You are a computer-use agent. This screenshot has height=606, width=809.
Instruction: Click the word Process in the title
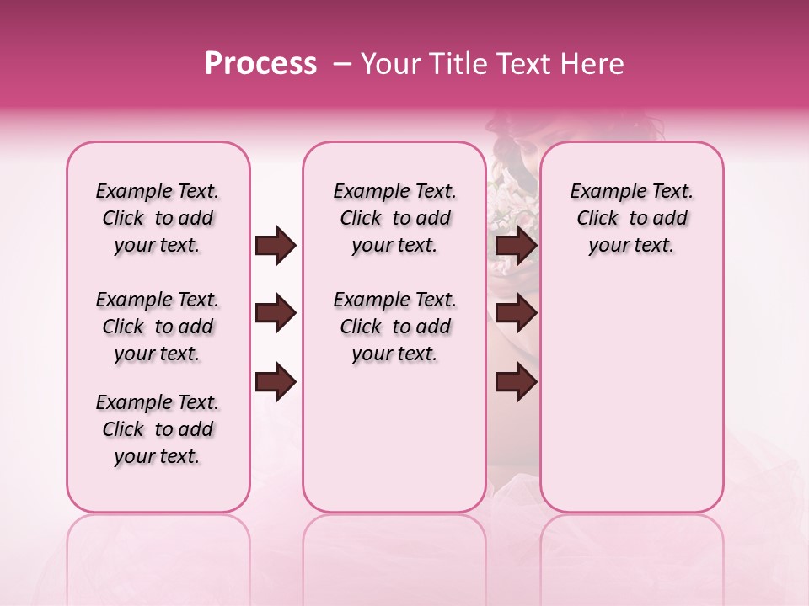click(x=260, y=64)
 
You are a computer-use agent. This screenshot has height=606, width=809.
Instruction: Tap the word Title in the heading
click(x=453, y=64)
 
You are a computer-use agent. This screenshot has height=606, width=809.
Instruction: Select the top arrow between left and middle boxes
click(x=276, y=245)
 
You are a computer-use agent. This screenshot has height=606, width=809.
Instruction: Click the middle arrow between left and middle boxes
click(x=276, y=314)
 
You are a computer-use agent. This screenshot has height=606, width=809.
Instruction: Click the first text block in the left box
click(x=158, y=218)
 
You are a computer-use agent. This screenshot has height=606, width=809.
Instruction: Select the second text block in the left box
click(x=158, y=327)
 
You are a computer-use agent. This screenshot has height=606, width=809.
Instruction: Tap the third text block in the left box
click(x=158, y=429)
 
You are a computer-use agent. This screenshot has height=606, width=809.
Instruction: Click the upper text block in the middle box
click(x=394, y=218)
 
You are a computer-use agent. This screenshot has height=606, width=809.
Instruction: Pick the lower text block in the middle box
click(x=394, y=327)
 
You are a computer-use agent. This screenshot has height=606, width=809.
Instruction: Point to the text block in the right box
click(x=632, y=218)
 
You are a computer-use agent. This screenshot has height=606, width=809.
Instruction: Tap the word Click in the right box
click(x=597, y=219)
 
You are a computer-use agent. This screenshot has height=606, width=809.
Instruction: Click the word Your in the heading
click(x=389, y=64)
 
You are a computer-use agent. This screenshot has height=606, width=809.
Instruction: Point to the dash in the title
click(x=342, y=64)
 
